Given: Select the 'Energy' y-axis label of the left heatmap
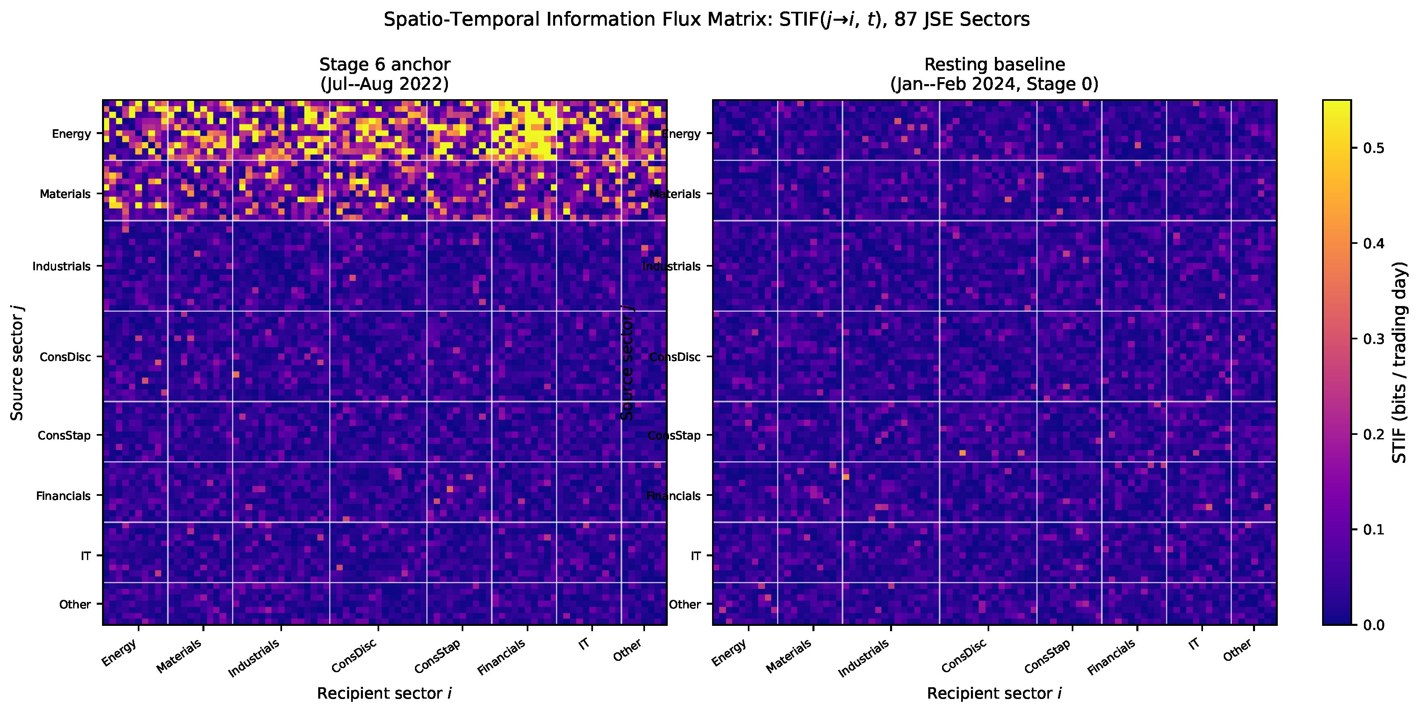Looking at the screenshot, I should [71, 134].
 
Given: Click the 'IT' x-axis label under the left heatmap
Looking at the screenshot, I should [584, 643].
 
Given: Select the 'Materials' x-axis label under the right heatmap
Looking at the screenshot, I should [789, 656].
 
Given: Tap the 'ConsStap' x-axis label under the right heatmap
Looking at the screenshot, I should [1047, 656].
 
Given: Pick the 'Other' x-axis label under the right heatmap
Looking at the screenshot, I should [1238, 649].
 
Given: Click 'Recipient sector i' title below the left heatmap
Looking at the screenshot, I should [384, 693].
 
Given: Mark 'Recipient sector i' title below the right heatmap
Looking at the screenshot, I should [994, 693].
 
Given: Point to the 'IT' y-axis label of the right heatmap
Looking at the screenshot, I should [695, 556].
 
